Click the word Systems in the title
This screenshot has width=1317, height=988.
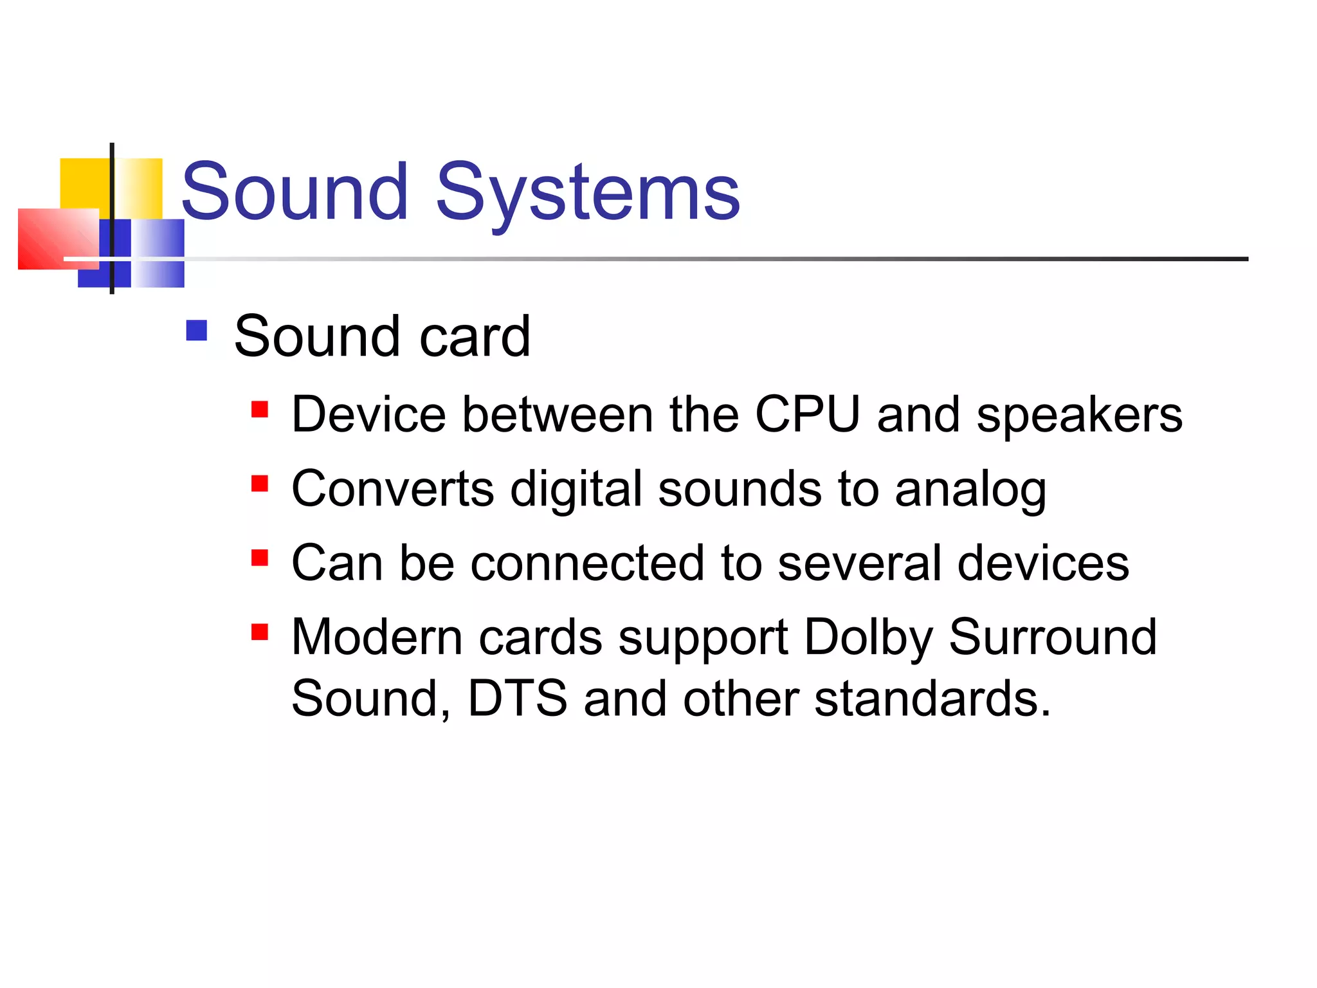(x=588, y=193)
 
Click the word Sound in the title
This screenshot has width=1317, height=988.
(x=295, y=193)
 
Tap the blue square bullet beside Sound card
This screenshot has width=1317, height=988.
(x=196, y=331)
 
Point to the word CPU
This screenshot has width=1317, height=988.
(x=807, y=414)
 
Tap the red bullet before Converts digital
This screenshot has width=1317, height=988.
(x=260, y=484)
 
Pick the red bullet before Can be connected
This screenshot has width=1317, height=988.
(x=260, y=558)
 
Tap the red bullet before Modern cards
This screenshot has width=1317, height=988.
(x=260, y=632)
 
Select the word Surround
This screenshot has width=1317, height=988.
(x=1053, y=637)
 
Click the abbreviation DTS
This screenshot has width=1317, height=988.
(x=518, y=699)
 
